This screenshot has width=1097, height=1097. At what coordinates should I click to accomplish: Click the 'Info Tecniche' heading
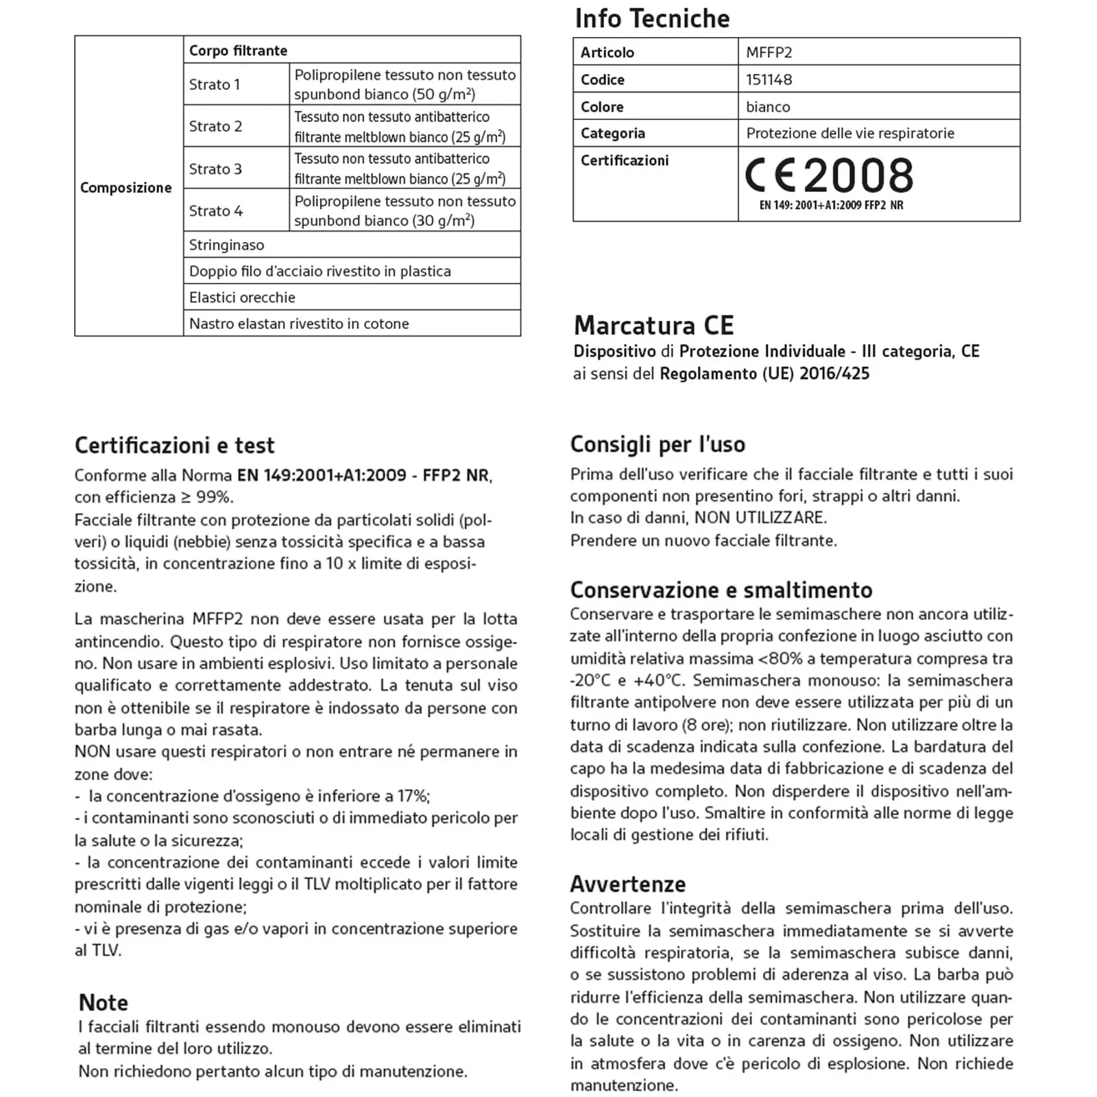click(x=652, y=19)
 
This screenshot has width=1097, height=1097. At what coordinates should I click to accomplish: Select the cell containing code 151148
click(x=769, y=80)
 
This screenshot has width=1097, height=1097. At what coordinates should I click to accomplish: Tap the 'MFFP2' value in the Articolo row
click(x=769, y=52)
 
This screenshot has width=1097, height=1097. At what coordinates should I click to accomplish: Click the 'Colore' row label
click(x=602, y=107)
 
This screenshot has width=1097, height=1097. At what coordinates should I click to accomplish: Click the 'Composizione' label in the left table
click(x=126, y=188)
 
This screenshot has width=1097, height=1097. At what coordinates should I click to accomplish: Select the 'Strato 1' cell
click(x=215, y=84)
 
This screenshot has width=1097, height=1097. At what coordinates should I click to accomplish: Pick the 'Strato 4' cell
click(x=216, y=210)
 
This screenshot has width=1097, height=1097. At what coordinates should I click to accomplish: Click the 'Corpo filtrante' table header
click(x=238, y=51)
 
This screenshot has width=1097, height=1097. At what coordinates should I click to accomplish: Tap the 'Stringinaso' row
click(x=226, y=245)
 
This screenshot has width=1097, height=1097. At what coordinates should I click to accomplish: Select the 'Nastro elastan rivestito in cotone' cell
click(x=299, y=324)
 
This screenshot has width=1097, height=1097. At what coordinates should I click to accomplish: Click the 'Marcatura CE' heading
click(x=653, y=325)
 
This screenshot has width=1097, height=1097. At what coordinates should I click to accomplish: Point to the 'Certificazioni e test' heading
click(x=174, y=446)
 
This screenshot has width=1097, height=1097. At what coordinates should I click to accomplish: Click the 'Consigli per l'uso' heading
click(x=658, y=444)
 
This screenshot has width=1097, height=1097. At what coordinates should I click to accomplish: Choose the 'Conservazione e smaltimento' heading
click(x=721, y=590)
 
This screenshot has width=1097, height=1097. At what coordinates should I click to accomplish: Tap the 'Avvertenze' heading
click(x=627, y=884)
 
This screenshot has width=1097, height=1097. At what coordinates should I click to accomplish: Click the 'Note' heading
click(x=104, y=1002)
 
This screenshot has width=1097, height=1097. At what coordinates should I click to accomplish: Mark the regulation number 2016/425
click(x=834, y=374)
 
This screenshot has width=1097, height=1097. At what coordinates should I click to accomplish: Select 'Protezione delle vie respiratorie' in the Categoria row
click(x=850, y=133)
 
